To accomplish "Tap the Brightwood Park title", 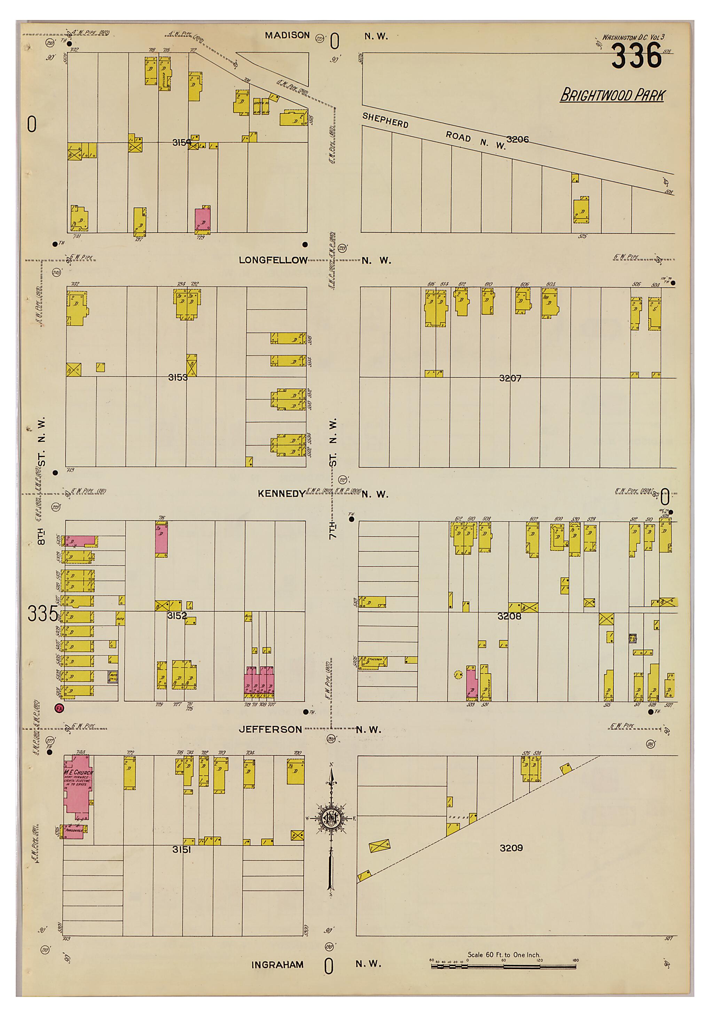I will [612, 95].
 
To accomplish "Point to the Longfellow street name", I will [273, 260].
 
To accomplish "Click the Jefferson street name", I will [270, 729].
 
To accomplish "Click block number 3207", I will [510, 378].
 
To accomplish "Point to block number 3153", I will [178, 377].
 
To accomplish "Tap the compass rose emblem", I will [331, 818].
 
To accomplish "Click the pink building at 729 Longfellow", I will [203, 219].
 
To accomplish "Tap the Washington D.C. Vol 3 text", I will [633, 38].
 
